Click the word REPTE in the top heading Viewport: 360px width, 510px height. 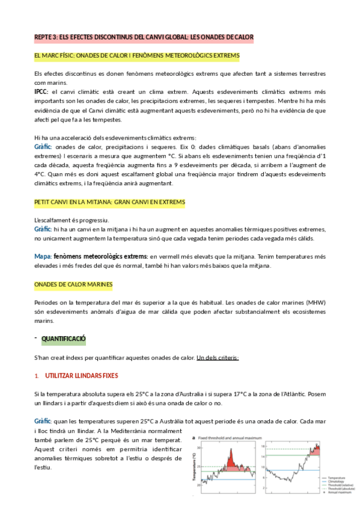point(44,37)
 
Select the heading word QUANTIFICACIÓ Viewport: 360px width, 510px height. point(64,340)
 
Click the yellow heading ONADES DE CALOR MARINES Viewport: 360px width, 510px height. point(73,284)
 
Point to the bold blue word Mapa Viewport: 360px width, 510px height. point(43,256)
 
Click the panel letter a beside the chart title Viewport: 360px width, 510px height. point(193,438)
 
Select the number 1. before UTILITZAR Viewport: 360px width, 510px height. point(37,376)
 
